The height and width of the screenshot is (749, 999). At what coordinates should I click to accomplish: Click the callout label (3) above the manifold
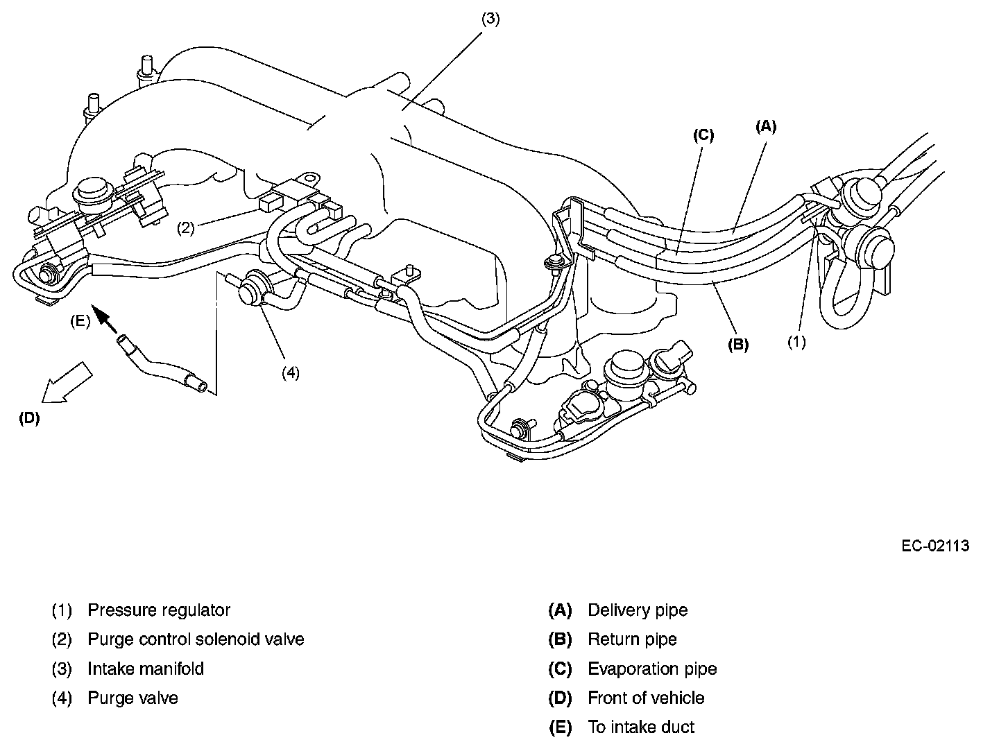[x=490, y=19]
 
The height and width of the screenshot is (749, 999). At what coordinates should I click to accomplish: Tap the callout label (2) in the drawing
[x=185, y=227]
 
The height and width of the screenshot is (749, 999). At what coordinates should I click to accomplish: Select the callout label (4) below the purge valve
[x=290, y=372]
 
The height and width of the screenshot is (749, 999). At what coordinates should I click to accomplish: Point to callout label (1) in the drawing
[x=796, y=342]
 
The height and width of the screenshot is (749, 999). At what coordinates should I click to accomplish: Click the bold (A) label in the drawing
[x=765, y=126]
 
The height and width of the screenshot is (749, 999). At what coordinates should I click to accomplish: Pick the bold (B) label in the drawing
[x=737, y=343]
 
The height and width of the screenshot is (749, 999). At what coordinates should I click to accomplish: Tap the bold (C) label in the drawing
[x=703, y=135]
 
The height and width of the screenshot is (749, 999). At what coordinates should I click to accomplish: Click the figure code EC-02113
[x=934, y=546]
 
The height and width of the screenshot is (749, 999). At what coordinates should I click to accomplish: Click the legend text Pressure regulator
[x=159, y=610]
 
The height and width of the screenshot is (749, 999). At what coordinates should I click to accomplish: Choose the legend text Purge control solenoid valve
[x=196, y=639]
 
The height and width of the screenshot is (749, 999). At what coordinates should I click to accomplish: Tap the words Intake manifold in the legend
[x=146, y=669]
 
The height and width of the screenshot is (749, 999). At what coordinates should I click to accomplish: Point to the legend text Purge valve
[x=133, y=698]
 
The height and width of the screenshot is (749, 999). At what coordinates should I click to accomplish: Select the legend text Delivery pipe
[x=638, y=610]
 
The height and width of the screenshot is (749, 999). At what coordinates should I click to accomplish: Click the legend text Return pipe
[x=632, y=639]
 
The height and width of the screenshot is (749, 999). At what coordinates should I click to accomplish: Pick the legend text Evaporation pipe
[x=652, y=669]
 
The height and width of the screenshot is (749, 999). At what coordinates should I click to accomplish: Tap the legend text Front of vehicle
[x=646, y=698]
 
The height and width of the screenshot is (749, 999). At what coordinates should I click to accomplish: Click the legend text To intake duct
[x=641, y=728]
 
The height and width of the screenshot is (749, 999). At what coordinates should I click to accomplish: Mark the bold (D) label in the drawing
[x=29, y=418]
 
